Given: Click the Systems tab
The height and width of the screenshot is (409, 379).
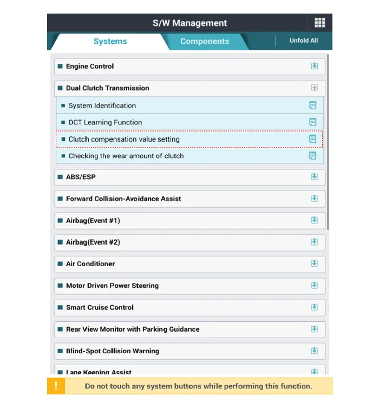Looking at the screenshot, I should pyautogui.click(x=110, y=42).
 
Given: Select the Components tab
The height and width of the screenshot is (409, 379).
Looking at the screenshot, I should pyautogui.click(x=204, y=42).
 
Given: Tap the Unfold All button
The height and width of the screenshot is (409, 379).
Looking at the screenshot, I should pyautogui.click(x=303, y=41).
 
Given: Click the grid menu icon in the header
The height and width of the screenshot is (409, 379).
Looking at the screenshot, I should pyautogui.click(x=319, y=23).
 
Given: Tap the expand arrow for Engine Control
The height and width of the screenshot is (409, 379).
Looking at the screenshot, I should pyautogui.click(x=314, y=66).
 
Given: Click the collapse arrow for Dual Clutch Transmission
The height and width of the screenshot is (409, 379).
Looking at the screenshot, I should pyautogui.click(x=314, y=88).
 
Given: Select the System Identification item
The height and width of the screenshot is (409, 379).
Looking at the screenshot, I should pyautogui.click(x=102, y=105).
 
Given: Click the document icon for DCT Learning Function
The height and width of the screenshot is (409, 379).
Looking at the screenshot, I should pyautogui.click(x=312, y=122).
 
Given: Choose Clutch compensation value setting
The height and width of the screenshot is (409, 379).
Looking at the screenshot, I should pyautogui.click(x=124, y=139).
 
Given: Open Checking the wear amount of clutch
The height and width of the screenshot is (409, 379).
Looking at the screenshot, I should pyautogui.click(x=126, y=156).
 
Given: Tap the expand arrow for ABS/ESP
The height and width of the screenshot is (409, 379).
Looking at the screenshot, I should pyautogui.click(x=314, y=177).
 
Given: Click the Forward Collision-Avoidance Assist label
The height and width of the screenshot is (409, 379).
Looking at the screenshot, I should pyautogui.click(x=123, y=199).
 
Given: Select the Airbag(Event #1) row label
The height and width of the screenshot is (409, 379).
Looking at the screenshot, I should pyautogui.click(x=93, y=221).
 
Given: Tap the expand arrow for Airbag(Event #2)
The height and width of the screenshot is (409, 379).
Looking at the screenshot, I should pyautogui.click(x=314, y=242).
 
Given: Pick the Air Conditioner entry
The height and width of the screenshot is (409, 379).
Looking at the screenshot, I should pyautogui.click(x=90, y=264).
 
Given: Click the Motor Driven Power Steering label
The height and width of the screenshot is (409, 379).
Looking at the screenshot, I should pyautogui.click(x=112, y=286).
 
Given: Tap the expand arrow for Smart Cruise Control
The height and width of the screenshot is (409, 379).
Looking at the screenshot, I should pyautogui.click(x=314, y=307).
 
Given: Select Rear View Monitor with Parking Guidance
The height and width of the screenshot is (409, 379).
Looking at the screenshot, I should pyautogui.click(x=133, y=329).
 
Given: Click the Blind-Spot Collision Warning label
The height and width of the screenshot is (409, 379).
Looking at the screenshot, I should pyautogui.click(x=113, y=351).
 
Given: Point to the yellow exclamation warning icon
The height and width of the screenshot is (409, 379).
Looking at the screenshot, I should pyautogui.click(x=56, y=386).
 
